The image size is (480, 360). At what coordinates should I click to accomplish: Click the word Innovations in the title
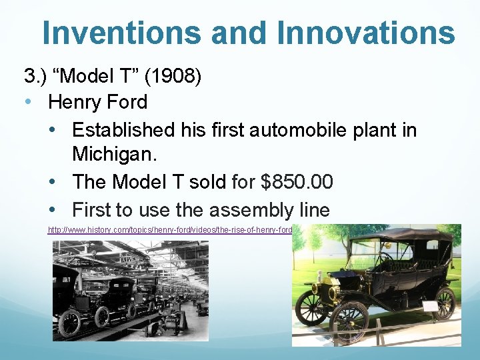[363, 33]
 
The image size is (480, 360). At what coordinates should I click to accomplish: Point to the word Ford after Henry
[128, 102]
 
